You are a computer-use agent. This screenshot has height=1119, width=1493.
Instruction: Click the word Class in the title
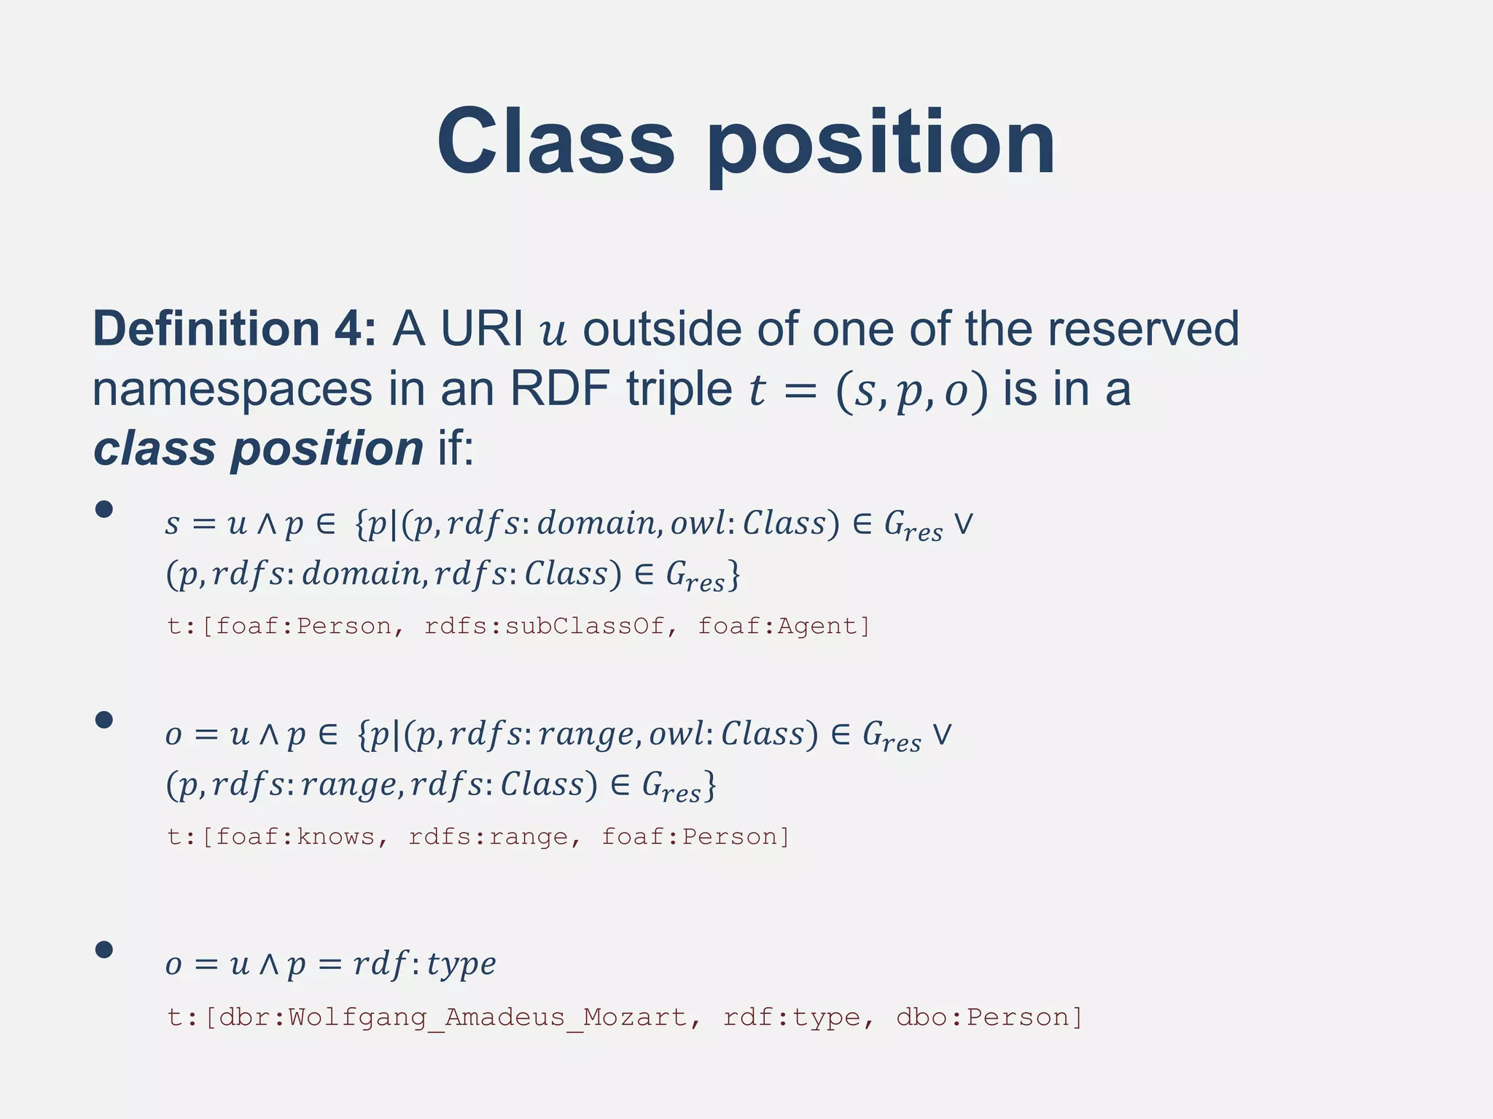(556, 142)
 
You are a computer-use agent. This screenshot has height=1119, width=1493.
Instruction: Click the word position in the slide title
(881, 142)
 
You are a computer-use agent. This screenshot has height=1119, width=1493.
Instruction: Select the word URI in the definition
(482, 329)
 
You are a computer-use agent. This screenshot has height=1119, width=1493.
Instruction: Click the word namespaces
(232, 389)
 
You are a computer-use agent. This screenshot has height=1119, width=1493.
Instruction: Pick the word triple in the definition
(679, 389)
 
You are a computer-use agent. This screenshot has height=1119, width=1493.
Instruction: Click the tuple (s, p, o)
(912, 390)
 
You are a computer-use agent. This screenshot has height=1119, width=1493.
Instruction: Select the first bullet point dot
(104, 509)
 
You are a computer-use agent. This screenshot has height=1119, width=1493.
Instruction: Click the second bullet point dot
(104, 720)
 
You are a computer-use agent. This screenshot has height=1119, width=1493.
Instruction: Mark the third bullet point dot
(104, 949)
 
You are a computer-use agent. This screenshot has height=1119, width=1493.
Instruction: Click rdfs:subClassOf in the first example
(544, 626)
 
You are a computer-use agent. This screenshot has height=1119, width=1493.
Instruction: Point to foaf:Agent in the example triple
(784, 626)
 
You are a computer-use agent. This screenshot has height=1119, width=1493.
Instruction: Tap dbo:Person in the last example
(989, 1017)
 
